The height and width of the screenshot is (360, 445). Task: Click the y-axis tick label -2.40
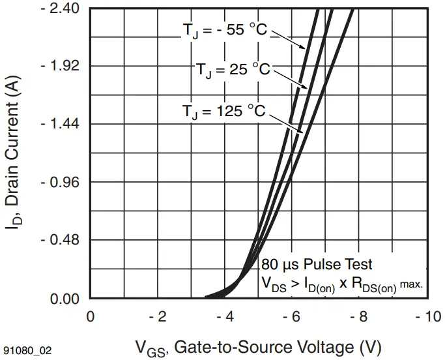click(61, 8)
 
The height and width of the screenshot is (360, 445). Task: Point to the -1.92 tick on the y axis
click(61, 66)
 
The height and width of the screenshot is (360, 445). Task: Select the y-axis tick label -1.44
click(61, 124)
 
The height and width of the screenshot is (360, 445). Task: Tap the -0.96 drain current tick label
click(61, 182)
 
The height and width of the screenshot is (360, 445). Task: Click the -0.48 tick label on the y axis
click(61, 240)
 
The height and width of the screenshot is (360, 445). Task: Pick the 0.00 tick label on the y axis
click(64, 299)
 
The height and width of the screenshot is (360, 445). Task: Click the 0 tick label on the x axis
click(91, 316)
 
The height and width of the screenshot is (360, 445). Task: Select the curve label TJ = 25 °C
click(233, 70)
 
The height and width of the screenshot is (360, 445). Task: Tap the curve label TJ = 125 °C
click(223, 112)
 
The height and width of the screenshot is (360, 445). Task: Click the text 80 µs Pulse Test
click(317, 265)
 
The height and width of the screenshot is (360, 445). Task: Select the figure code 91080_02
click(26, 350)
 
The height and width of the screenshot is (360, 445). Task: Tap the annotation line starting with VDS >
click(342, 284)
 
